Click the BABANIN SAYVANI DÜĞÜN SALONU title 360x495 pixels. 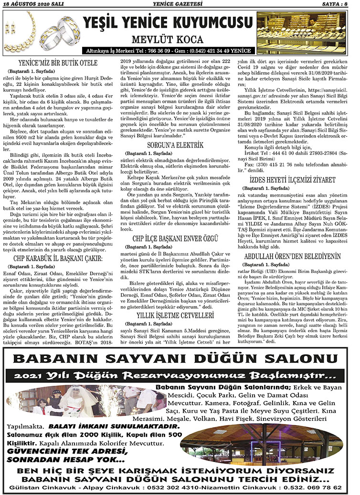[x=180, y=358]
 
